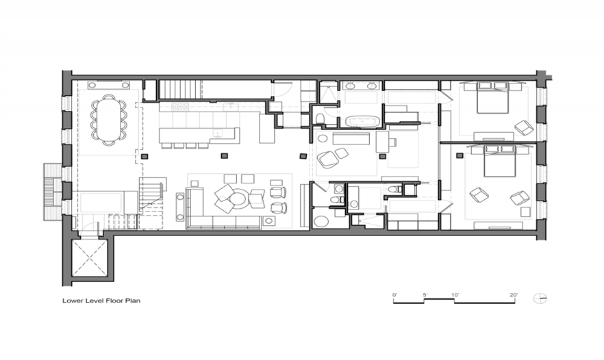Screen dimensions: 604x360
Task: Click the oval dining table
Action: point(108,120)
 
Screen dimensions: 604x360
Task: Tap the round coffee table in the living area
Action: point(239,198)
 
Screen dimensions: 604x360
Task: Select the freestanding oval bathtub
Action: point(362,122)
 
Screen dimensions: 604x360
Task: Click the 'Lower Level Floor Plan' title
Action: point(101,300)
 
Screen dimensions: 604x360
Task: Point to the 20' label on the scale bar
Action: point(514,295)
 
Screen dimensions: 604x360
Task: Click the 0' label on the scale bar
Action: point(394,295)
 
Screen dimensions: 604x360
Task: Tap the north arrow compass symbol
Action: point(540,298)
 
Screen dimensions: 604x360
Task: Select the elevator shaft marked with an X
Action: point(89,257)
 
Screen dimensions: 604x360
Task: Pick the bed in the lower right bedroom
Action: point(500,161)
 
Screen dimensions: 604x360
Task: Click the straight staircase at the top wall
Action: point(181,89)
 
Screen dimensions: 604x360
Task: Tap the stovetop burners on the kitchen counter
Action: point(180,107)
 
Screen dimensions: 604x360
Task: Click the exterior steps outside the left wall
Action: point(52,192)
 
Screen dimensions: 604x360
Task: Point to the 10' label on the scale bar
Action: point(455,295)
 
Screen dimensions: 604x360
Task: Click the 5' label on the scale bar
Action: point(425,295)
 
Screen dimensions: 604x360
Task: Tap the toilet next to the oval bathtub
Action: point(320,118)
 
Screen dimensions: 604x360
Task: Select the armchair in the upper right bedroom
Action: point(524,127)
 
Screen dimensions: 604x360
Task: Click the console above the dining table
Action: point(108,85)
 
